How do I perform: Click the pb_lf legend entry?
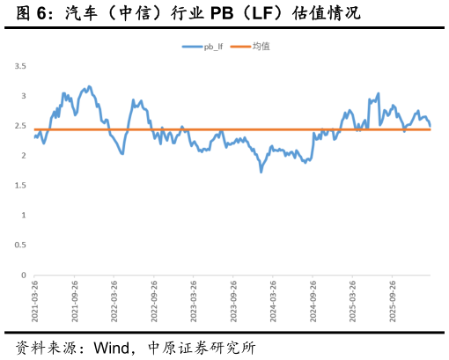coord(202,47)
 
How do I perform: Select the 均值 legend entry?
coord(250,47)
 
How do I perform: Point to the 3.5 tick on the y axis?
coord(20,66)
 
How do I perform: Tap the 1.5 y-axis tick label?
coord(20,186)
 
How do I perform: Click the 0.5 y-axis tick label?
coord(20,245)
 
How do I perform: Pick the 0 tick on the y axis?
coord(24,276)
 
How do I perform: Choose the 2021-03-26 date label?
coord(34,301)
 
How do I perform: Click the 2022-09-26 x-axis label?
coord(154,301)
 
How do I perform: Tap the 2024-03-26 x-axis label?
coord(273,301)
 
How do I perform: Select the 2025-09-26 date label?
coord(393,301)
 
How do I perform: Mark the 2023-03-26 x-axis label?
coord(194,301)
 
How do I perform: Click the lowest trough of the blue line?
coord(261,172)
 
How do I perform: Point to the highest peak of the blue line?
coord(90,86)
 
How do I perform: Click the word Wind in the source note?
coord(112,348)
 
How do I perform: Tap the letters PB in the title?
coord(222,13)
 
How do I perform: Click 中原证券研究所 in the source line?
coord(202,348)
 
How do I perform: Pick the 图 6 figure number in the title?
coord(31,13)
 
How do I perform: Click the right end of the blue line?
coord(431,126)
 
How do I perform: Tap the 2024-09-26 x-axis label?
coord(313,301)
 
